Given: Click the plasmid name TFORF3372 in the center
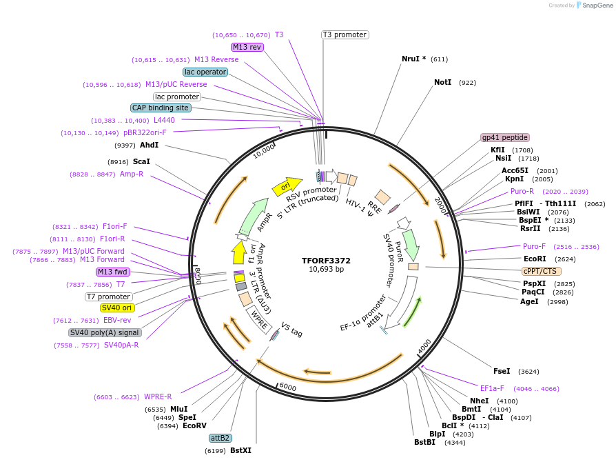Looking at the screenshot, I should (326, 261).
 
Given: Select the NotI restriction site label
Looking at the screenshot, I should (443, 82).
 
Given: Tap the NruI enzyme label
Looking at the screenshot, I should (413, 59).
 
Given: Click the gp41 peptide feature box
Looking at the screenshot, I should (504, 137).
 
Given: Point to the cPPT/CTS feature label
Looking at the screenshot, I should (542, 271).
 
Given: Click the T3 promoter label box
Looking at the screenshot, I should (345, 34).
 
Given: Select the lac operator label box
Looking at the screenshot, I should (205, 72).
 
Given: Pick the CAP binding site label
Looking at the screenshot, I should (161, 108).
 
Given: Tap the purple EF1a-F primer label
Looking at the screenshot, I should (492, 388).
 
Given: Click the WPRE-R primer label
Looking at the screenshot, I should (158, 396).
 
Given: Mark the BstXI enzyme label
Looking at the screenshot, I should (240, 450).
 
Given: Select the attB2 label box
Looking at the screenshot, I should (220, 438).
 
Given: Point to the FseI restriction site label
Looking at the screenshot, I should (502, 371).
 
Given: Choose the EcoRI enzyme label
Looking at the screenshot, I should (535, 259).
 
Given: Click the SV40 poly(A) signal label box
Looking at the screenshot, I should (104, 332).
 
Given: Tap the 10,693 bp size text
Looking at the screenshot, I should (326, 270).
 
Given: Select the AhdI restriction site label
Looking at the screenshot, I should (149, 145).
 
